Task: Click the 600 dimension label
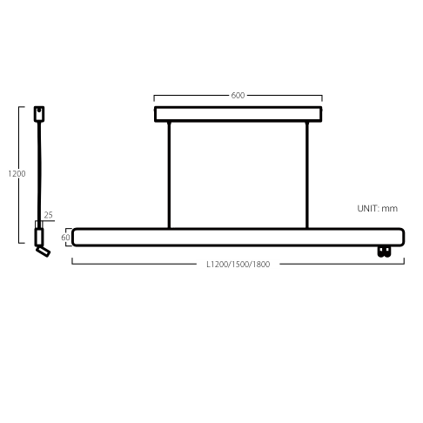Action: pyautogui.click(x=238, y=95)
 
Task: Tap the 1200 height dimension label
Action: pyautogui.click(x=17, y=173)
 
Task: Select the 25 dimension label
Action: pyautogui.click(x=48, y=215)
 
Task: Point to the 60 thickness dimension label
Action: pyautogui.click(x=65, y=238)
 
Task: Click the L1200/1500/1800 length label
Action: pyautogui.click(x=238, y=264)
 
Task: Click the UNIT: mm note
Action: pyautogui.click(x=377, y=208)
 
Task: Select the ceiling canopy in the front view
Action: pyautogui.click(x=238, y=114)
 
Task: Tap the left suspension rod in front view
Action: pyautogui.click(x=169, y=175)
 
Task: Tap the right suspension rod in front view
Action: pyautogui.click(x=307, y=175)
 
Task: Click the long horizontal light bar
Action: pyautogui.click(x=238, y=237)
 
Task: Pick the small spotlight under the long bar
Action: pyautogui.click(x=384, y=252)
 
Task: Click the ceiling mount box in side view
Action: pyautogui.click(x=39, y=114)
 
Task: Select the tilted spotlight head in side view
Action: pyautogui.click(x=43, y=252)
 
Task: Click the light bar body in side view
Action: pyautogui.click(x=39, y=237)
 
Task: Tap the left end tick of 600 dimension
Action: pyautogui.click(x=154, y=98)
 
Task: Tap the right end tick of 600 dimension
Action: pyautogui.click(x=322, y=98)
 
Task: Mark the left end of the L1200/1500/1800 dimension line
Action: pyautogui.click(x=72, y=264)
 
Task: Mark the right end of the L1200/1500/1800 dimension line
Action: pyautogui.click(x=404, y=264)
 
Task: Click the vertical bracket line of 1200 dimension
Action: pyautogui.click(x=19, y=175)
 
